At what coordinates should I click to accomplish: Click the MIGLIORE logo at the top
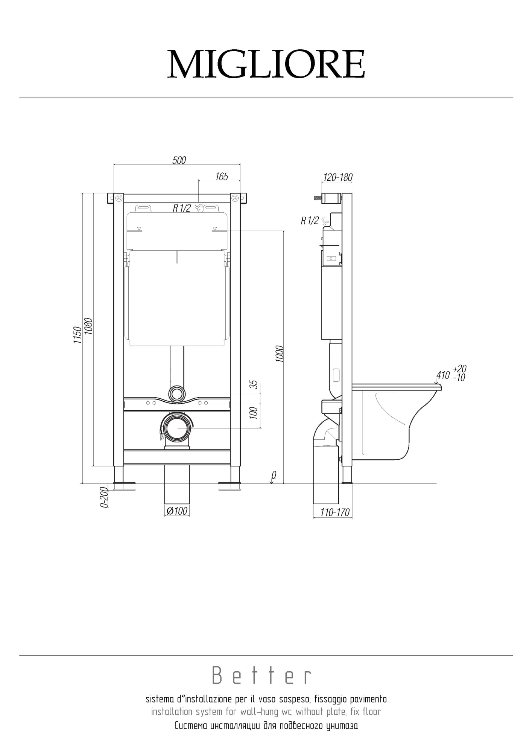point(266,64)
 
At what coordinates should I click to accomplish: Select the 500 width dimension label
point(179,160)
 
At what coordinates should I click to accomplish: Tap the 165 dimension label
point(222,177)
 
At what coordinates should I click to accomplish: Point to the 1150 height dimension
point(77,335)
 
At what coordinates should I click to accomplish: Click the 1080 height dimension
point(88,326)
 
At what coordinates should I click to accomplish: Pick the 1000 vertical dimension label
point(279,354)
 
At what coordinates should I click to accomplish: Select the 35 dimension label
point(254,384)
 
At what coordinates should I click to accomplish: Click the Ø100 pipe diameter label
point(177,511)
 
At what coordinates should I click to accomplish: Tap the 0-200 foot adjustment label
point(104,497)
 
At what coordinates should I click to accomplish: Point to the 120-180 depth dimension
point(338,177)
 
